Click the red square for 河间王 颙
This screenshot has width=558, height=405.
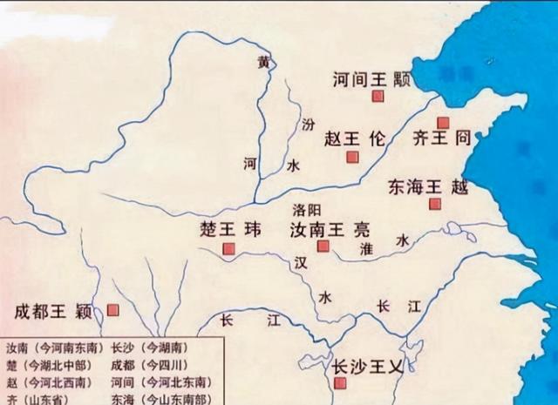click(378, 97)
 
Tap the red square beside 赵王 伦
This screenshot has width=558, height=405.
click(352, 157)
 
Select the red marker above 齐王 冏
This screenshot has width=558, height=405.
click(443, 123)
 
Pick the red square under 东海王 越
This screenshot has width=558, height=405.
click(435, 204)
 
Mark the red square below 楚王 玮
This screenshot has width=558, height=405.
click(228, 249)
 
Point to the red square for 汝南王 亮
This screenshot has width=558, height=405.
click(323, 246)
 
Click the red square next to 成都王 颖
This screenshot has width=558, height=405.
click(112, 309)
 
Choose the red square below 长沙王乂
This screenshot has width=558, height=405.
click(340, 382)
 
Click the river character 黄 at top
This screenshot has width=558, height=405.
click(263, 62)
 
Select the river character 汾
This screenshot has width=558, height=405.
click(306, 124)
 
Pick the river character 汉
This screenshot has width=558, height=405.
click(300, 261)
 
